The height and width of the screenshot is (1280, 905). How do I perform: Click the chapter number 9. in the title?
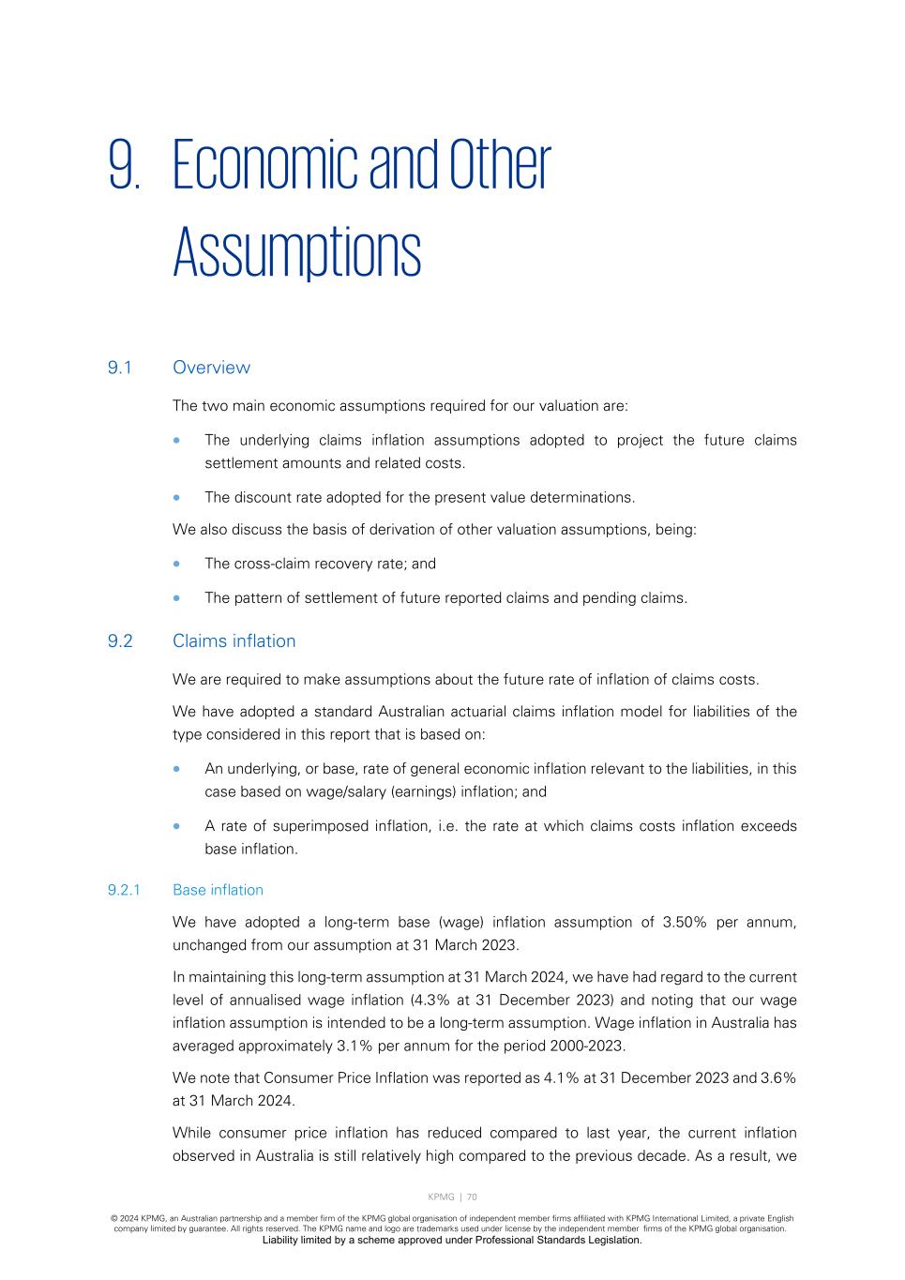125,166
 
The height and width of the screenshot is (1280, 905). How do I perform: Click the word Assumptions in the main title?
296,252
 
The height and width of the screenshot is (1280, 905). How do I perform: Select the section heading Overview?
211,368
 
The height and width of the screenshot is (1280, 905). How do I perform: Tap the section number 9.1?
119,368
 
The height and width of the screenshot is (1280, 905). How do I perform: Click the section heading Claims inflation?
234,641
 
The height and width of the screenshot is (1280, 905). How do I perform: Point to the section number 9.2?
120,641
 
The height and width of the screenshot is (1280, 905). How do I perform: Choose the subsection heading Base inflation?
218,890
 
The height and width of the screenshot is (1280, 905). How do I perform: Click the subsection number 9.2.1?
124,890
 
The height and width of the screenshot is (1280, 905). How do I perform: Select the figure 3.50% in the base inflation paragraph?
685,923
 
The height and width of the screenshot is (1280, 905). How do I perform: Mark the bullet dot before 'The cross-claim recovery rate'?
177,565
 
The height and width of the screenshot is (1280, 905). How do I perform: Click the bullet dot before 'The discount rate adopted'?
177,498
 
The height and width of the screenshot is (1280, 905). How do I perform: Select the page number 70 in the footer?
472,1197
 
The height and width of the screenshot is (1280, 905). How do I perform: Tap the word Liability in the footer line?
280,1240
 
